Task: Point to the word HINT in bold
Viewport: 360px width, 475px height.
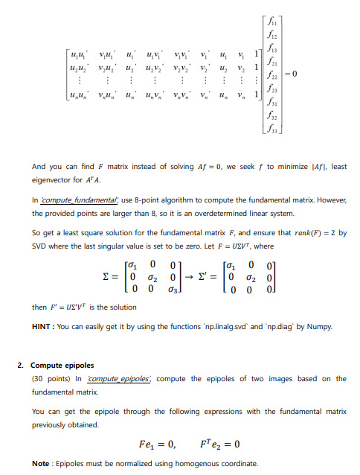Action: (x=42, y=327)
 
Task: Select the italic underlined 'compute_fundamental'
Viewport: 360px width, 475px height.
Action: (x=73, y=200)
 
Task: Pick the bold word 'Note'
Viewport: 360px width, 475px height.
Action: (x=41, y=463)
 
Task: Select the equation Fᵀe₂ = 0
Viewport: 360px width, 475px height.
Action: (x=220, y=444)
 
